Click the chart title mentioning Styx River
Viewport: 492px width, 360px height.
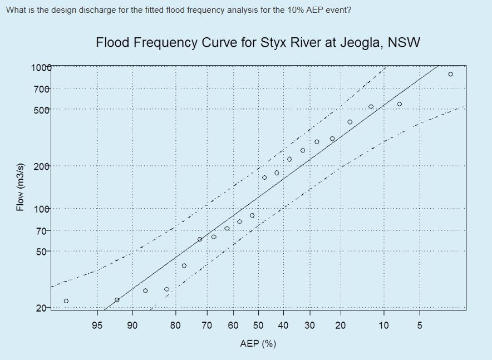[258, 43]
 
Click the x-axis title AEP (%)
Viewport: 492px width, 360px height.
[258, 343]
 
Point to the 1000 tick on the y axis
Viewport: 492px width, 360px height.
[41, 68]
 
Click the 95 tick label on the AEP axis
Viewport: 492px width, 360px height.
[97, 325]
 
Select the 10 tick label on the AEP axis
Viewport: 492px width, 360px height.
[383, 325]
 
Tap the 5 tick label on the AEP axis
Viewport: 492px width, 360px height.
[420, 325]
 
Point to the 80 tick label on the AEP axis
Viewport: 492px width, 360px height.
[175, 325]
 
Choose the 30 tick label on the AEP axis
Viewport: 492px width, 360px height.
[309, 325]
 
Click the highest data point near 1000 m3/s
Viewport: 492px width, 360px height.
[450, 74]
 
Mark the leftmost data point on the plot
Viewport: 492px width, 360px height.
[66, 301]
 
